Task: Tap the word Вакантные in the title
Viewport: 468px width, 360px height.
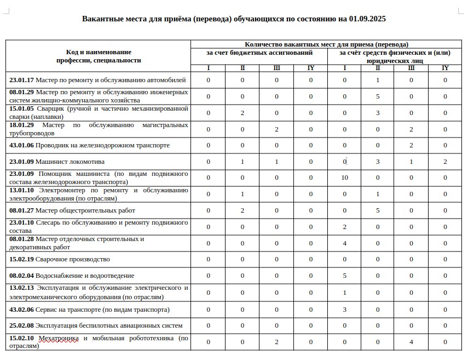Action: click(x=101, y=19)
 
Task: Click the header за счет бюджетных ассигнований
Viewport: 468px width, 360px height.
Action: click(x=259, y=53)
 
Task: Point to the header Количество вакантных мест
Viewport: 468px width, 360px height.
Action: click(x=326, y=44)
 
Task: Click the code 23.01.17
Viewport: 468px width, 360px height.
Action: click(x=21, y=80)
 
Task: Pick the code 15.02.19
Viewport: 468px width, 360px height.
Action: click(x=21, y=259)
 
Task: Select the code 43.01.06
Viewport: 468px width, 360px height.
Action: click(x=21, y=145)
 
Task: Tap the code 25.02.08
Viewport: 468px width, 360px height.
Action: click(x=21, y=325)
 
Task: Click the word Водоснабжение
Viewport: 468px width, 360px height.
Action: click(x=62, y=276)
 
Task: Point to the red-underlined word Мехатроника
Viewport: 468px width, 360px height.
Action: click(x=59, y=339)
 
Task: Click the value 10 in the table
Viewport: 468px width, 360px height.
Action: click(x=344, y=178)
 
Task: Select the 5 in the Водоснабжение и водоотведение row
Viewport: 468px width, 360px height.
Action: click(x=344, y=276)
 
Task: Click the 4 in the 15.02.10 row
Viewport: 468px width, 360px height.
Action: click(x=411, y=342)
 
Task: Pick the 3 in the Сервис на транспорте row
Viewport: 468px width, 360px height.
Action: click(x=344, y=310)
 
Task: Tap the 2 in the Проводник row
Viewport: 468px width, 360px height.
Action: click(x=411, y=145)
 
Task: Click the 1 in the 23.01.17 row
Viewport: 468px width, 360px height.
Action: click(x=378, y=80)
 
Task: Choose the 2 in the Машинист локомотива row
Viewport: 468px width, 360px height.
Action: click(x=445, y=162)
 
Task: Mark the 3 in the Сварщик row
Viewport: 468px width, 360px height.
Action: click(x=378, y=113)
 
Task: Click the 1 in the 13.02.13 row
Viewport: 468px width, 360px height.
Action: click(x=344, y=293)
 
